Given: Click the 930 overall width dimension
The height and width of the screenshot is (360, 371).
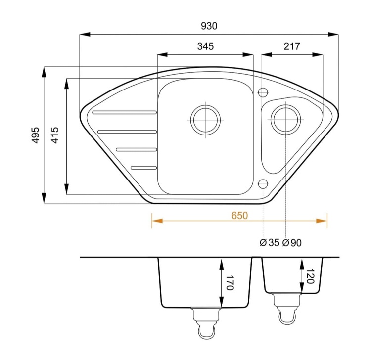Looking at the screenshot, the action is [209, 26].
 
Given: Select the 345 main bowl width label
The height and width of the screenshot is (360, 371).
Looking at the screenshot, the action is [205, 46].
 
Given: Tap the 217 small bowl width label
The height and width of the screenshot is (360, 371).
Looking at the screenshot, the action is [292, 46].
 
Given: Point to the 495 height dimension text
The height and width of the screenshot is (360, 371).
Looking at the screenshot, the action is [36, 135].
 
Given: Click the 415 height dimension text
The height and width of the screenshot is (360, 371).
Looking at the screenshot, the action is [55, 135].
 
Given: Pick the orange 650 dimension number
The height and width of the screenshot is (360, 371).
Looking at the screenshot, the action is [239, 216].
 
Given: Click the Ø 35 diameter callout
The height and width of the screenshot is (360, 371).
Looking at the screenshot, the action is [270, 243].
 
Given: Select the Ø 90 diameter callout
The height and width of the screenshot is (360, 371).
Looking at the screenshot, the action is [292, 243].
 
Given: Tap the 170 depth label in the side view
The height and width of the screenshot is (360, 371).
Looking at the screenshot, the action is [230, 282].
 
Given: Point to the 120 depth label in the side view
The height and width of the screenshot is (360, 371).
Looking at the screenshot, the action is [310, 276].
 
